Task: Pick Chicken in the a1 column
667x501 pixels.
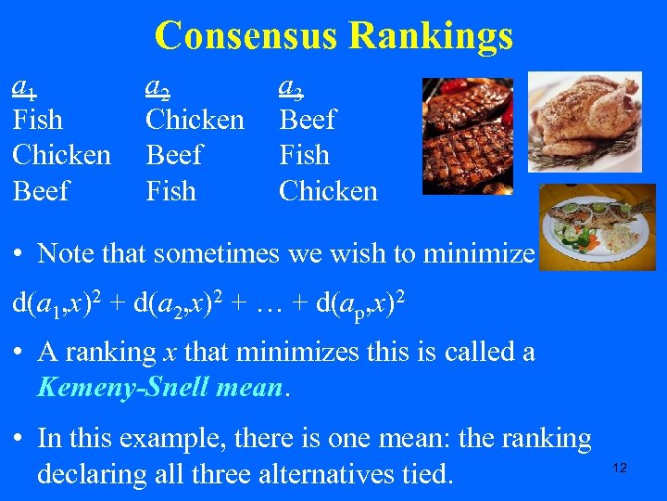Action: (x=61, y=155)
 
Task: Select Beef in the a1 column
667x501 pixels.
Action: (x=41, y=191)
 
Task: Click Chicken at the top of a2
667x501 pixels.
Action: (x=195, y=120)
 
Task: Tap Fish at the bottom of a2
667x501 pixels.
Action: (x=171, y=191)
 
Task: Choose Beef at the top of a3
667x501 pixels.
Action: (x=308, y=120)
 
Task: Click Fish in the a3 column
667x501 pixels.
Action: (x=304, y=155)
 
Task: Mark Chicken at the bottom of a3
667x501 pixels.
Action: (x=328, y=191)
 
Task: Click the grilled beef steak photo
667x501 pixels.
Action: (x=467, y=135)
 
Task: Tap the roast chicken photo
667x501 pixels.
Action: (x=590, y=121)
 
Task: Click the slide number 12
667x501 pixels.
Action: (x=620, y=468)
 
